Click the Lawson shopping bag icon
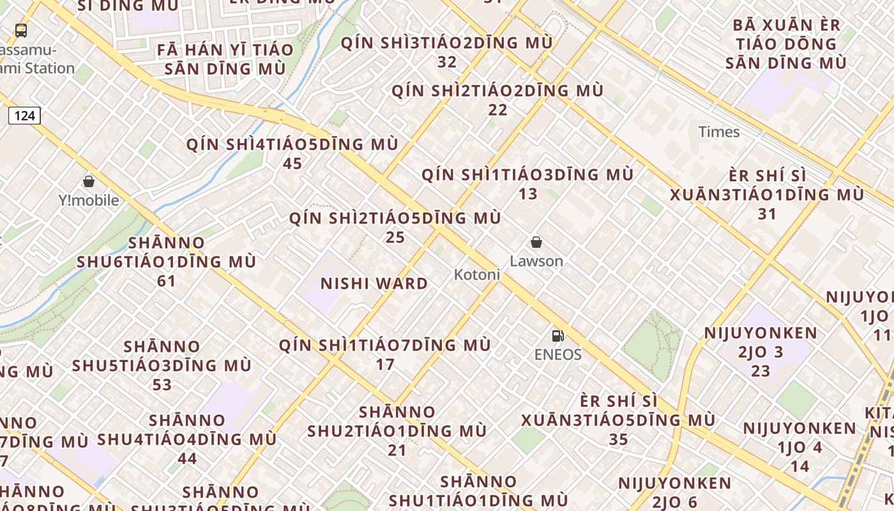(x=536, y=242)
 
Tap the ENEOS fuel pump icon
(x=557, y=335)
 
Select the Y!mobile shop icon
(x=89, y=181)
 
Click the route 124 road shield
(x=24, y=116)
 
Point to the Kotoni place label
(x=476, y=275)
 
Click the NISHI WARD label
(x=374, y=284)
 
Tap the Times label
(x=719, y=132)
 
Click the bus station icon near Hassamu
(x=21, y=30)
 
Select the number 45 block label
(x=292, y=164)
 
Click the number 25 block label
(x=395, y=238)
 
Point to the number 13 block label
(x=528, y=194)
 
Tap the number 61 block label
(x=166, y=281)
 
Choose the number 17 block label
(x=385, y=365)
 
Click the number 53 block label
(x=162, y=385)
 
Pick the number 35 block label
(x=618, y=439)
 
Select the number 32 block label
(x=447, y=63)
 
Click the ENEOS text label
(x=558, y=355)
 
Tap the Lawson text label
(x=536, y=261)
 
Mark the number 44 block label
(x=187, y=459)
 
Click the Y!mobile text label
(x=89, y=201)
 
